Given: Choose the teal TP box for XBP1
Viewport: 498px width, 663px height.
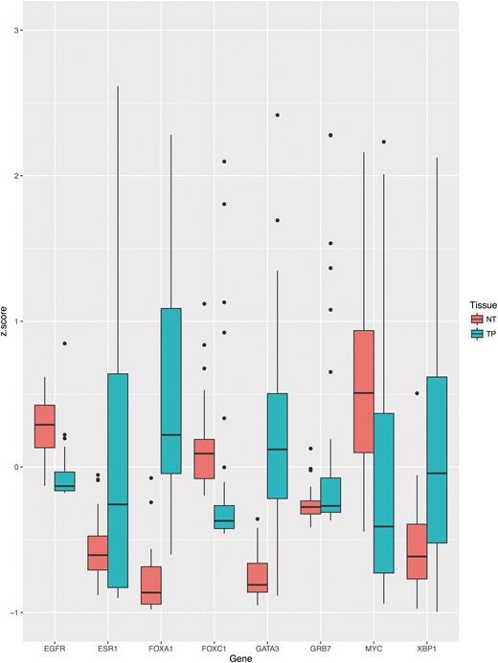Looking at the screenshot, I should (x=439, y=459).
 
